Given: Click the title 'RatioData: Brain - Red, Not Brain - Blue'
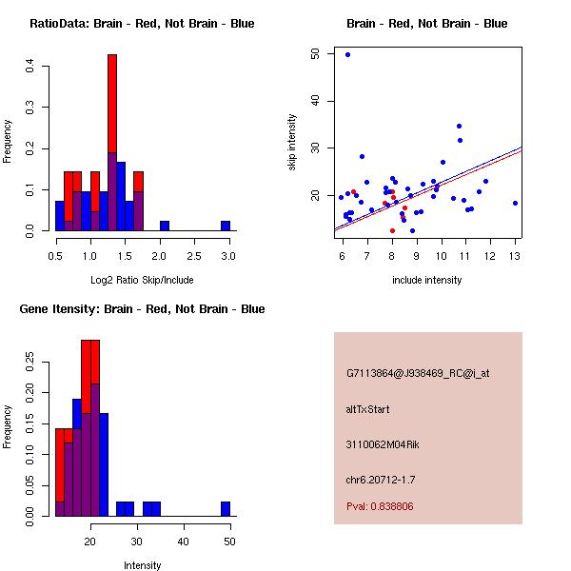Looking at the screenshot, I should click(x=142, y=24).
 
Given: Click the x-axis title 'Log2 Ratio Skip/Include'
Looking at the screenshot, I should click(x=142, y=279).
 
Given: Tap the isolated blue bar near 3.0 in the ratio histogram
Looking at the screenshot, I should click(x=226, y=226).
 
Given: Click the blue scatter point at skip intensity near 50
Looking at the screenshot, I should click(x=347, y=55).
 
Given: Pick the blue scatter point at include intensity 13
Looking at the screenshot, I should click(x=515, y=203).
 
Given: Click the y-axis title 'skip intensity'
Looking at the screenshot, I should click(x=293, y=143).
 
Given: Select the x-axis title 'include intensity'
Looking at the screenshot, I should click(x=427, y=280).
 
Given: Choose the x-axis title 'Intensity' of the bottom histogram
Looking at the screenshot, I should click(x=142, y=565).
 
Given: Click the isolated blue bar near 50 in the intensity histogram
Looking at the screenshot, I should click(x=226, y=509).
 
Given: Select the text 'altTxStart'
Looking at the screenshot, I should click(x=368, y=409).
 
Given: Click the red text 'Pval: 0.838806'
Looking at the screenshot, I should click(x=380, y=506).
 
